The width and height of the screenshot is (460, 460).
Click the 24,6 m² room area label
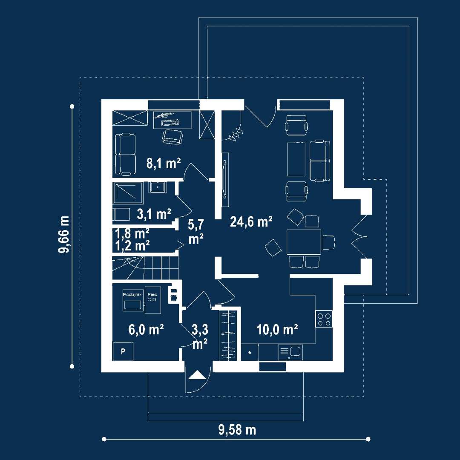pyautogui.click(x=251, y=221)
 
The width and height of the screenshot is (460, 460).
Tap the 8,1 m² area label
pyautogui.click(x=164, y=164)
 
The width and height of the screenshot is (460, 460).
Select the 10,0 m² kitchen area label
pyautogui.click(x=277, y=329)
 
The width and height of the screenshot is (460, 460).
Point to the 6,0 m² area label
pyautogui.click(x=146, y=329)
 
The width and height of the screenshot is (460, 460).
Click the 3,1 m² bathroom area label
pyautogui.click(x=154, y=214)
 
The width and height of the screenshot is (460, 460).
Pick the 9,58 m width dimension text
pyautogui.click(x=237, y=430)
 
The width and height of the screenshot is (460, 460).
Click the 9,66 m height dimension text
pyautogui.click(x=63, y=234)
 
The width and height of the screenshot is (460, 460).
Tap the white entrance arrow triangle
pyautogui.click(x=197, y=375)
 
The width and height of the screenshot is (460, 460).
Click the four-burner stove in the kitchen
pyautogui.click(x=324, y=319)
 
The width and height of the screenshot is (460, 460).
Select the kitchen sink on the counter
pyautogui.click(x=290, y=352)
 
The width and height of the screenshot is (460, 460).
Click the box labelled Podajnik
pyautogui.click(x=133, y=300)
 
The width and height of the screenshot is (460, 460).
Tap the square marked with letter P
pyautogui.click(x=123, y=351)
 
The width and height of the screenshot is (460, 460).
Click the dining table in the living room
pyautogui.click(x=304, y=242)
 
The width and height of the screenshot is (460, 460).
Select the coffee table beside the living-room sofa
pyautogui.click(x=296, y=159)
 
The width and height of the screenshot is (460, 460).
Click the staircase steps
pyautogui.click(x=146, y=267)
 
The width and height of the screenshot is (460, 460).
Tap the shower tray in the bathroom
pyautogui.click(x=128, y=193)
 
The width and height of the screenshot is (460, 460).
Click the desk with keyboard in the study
pyautogui.click(x=172, y=119)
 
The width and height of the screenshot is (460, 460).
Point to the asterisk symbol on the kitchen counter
pyautogui.click(x=250, y=353)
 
